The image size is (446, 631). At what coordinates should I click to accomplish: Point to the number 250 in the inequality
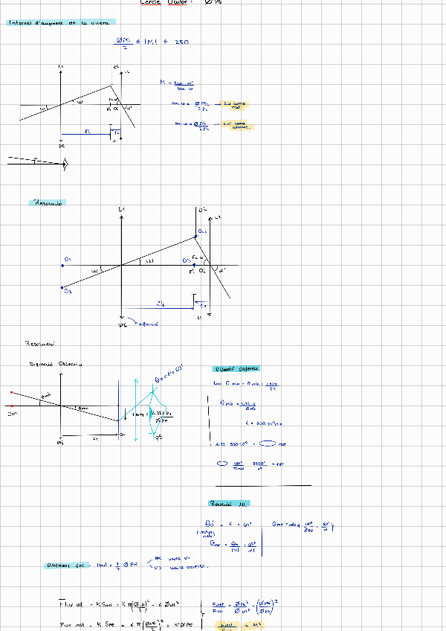(181, 42)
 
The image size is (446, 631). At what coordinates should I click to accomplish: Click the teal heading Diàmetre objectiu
(236, 369)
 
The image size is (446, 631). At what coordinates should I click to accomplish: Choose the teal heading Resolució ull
(230, 503)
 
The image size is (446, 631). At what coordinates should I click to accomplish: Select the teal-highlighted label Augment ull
(67, 566)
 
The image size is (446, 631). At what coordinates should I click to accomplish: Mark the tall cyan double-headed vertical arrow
(135, 413)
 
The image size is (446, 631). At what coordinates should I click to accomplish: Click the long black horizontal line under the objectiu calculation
(262, 485)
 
